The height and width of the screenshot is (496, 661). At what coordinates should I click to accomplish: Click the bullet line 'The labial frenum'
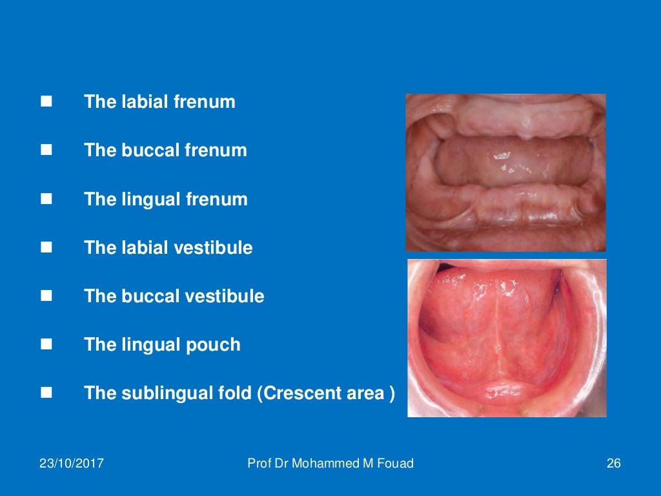159,102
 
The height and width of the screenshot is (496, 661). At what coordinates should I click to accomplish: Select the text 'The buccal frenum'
165,150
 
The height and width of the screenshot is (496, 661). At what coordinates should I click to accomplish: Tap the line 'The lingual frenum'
166,199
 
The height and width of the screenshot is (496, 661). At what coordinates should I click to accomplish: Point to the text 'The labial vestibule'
168,247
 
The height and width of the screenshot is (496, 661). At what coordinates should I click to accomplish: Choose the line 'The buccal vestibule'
174,296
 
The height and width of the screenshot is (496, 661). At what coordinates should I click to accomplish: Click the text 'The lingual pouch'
162,345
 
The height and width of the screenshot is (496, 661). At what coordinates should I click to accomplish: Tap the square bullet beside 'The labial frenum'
46,101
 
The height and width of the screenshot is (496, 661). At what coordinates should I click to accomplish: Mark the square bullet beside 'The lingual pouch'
46,344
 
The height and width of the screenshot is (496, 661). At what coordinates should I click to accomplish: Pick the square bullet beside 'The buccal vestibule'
46,296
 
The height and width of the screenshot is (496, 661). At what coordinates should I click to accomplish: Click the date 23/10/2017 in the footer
72,463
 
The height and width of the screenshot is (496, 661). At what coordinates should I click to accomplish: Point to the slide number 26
613,463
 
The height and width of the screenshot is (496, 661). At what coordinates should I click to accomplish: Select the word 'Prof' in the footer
259,463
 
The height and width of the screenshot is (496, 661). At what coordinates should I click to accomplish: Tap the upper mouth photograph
505,172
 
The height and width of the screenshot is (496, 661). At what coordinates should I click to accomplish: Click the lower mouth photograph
507,338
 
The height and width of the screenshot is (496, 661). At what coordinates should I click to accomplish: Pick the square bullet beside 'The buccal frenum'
46,150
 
